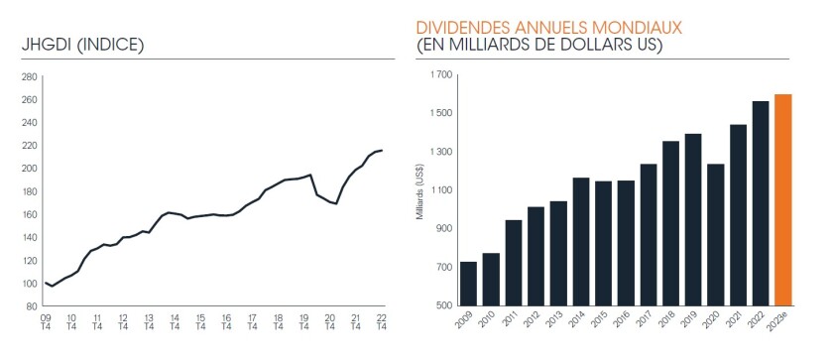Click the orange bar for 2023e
783,199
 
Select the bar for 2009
468,283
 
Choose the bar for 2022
760,202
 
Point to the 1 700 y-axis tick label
439,74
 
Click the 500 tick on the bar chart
443,304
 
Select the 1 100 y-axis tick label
439,189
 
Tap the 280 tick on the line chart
29,76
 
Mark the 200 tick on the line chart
29,169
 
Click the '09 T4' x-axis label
46,323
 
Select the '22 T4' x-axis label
381,323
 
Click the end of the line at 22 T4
382,150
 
